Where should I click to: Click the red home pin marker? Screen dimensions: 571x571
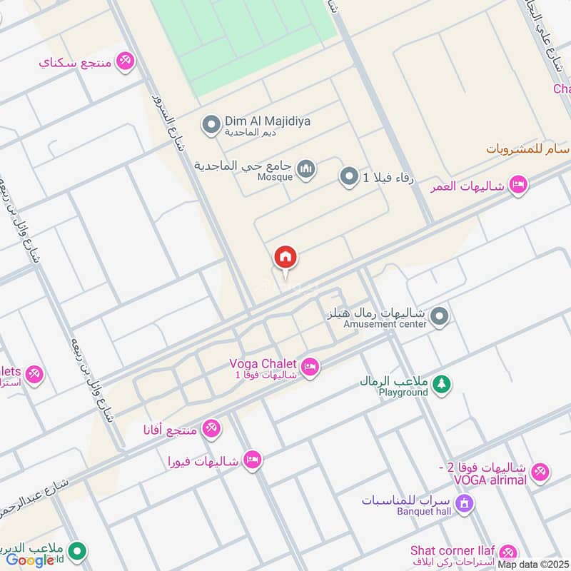pyautogui.click(x=285, y=257)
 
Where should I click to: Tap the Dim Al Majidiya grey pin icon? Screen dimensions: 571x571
pyautogui.click(x=211, y=126)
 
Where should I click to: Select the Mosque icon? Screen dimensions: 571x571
pyautogui.click(x=307, y=169)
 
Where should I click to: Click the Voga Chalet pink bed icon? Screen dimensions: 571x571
pyautogui.click(x=310, y=367)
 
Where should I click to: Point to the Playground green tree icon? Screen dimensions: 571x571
pyautogui.click(x=441, y=384)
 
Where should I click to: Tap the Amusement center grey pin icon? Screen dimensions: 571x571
pyautogui.click(x=440, y=315)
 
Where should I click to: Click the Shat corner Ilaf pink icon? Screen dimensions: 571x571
pyautogui.click(x=508, y=552)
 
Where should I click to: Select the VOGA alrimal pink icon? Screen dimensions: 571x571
pyautogui.click(x=540, y=470)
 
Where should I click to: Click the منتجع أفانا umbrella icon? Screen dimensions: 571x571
pyautogui.click(x=211, y=429)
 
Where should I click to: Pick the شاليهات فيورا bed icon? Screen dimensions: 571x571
pyautogui.click(x=251, y=459)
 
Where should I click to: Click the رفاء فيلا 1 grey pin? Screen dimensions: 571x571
pyautogui.click(x=349, y=176)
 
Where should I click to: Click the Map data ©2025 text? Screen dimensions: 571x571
pyautogui.click(x=533, y=564)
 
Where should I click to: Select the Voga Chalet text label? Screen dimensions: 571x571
pyautogui.click(x=263, y=363)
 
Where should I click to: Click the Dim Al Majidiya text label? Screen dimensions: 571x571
pyautogui.click(x=268, y=121)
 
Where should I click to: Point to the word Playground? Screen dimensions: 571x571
pyautogui.click(x=403, y=393)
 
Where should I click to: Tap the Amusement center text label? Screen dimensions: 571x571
pyautogui.click(x=385, y=324)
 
